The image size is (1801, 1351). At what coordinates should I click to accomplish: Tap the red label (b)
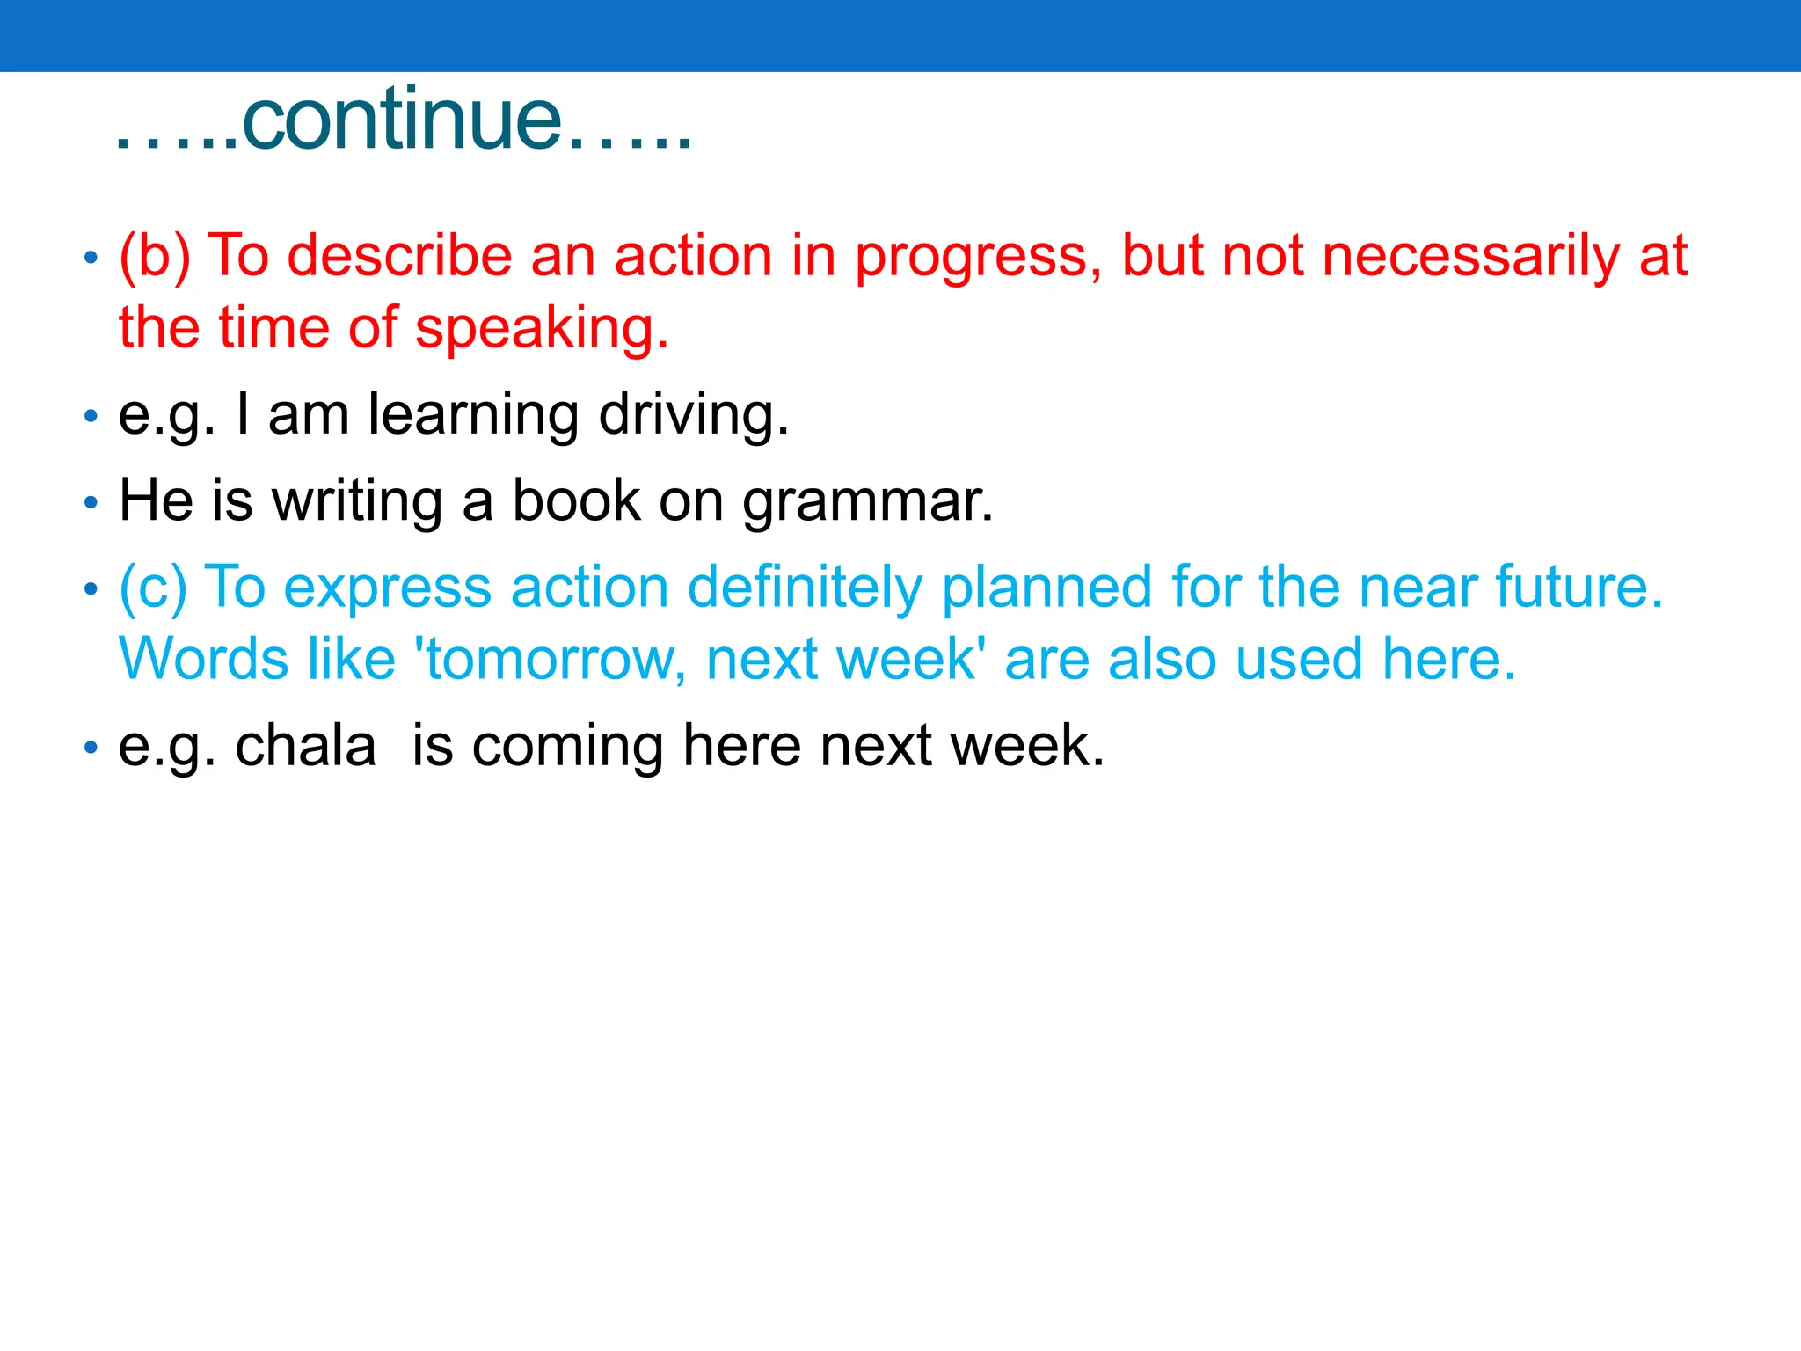click(155, 257)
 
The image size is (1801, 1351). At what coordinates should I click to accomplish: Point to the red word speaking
click(542, 329)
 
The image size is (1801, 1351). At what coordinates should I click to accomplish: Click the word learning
click(473, 414)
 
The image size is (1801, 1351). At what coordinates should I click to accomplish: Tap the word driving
click(693, 414)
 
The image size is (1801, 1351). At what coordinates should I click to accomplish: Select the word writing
click(357, 500)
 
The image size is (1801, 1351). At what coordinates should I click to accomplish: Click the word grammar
click(867, 502)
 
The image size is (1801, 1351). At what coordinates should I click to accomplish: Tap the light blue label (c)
click(153, 588)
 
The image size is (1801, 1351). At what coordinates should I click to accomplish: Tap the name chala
click(305, 746)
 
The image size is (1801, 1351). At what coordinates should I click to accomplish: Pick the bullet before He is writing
click(90, 503)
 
